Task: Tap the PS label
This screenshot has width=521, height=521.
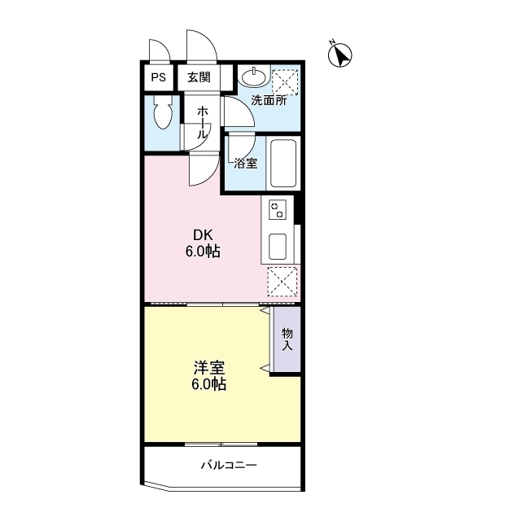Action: pos(158,78)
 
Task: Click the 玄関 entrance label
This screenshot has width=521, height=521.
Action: pos(198,78)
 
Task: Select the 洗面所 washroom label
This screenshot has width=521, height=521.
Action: pos(268,101)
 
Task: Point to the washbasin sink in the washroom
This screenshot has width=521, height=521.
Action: pos(253,77)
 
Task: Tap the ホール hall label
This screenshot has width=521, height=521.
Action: pos(203,120)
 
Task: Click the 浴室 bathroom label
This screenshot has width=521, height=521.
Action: pos(245,163)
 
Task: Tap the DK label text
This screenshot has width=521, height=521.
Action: pos(203,235)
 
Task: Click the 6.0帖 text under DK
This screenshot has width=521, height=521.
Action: pos(203,252)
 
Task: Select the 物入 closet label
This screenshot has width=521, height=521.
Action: pos(287,339)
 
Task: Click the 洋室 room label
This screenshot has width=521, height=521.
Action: pos(204,367)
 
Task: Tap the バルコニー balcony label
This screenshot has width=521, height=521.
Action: pos(230,466)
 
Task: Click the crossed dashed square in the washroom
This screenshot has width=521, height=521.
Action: pos(284,81)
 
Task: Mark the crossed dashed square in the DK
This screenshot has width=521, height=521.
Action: pos(282,282)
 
